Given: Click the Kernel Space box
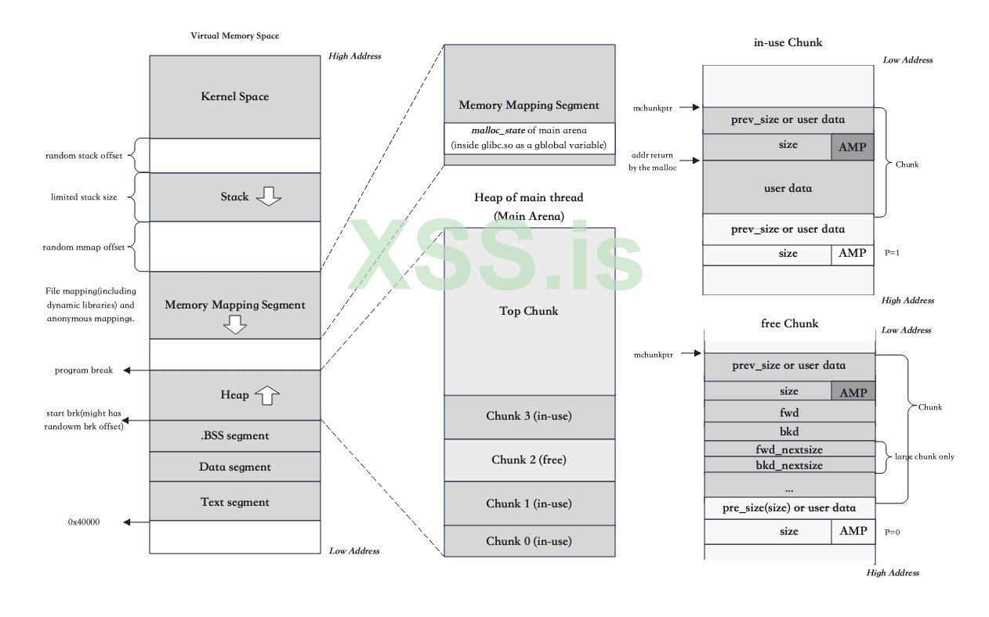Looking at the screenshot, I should (x=235, y=96).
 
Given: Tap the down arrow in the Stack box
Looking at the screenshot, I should (x=269, y=197).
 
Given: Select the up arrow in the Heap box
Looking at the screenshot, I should (x=268, y=395).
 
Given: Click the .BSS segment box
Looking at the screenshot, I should (x=235, y=436).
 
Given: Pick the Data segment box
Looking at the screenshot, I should (x=235, y=467).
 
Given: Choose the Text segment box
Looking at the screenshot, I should (x=235, y=502).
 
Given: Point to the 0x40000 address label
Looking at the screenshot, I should (x=84, y=521).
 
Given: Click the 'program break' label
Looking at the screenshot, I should (x=84, y=370).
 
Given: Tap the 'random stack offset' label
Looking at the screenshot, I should (x=84, y=156).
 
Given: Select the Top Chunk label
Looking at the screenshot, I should (x=529, y=311).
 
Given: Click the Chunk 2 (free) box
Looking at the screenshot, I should (x=529, y=460).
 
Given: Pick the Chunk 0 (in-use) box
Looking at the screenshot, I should (x=529, y=541).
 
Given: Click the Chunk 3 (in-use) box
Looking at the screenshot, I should (x=529, y=416).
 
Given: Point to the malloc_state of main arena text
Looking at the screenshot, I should (x=529, y=130).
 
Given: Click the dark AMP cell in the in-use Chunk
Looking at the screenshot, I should (x=852, y=147).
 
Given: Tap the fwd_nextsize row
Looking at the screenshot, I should (x=789, y=449).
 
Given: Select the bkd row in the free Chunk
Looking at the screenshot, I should (x=789, y=431).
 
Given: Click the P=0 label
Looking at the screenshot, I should (x=893, y=532).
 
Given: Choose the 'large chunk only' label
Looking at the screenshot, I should (x=925, y=456).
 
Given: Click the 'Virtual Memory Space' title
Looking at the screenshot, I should (x=235, y=36).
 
